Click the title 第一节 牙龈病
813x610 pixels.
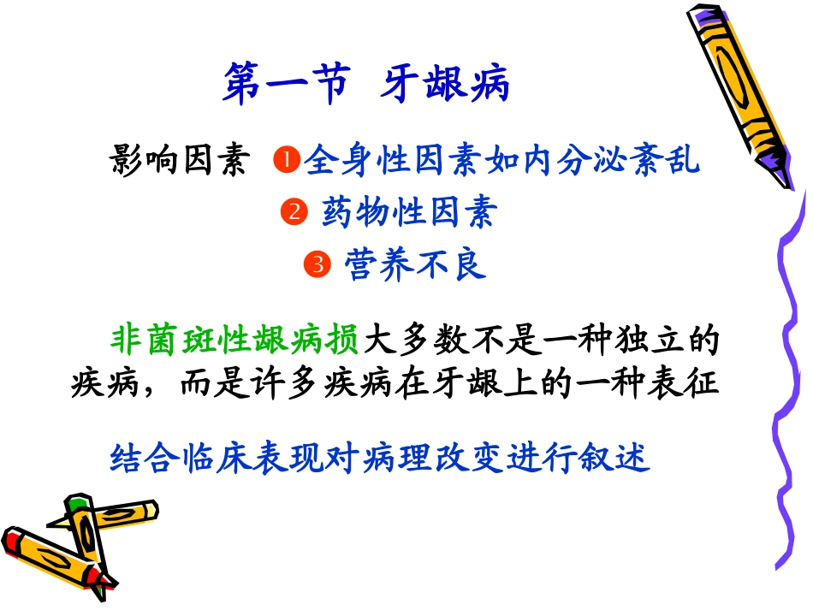[366, 86]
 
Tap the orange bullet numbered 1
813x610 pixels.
[285, 160]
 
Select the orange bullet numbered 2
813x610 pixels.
[294, 212]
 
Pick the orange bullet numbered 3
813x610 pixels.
[317, 265]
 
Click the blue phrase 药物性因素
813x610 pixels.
[409, 212]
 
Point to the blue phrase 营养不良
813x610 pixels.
[416, 265]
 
